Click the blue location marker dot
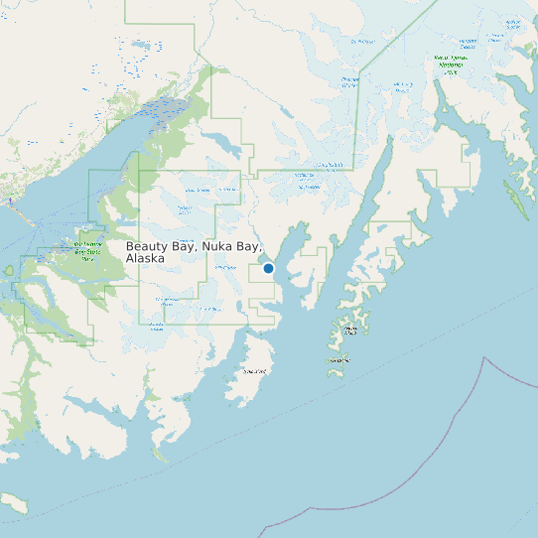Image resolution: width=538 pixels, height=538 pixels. [x=268, y=268]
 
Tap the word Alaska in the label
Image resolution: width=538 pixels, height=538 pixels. [x=145, y=258]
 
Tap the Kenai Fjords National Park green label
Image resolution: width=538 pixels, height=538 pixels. [x=451, y=64]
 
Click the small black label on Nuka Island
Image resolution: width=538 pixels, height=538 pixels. [x=255, y=371]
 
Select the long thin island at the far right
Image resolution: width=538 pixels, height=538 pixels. [x=516, y=199]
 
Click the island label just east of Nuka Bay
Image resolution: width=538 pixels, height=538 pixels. [x=350, y=329]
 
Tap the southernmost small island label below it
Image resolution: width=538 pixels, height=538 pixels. [x=340, y=360]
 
